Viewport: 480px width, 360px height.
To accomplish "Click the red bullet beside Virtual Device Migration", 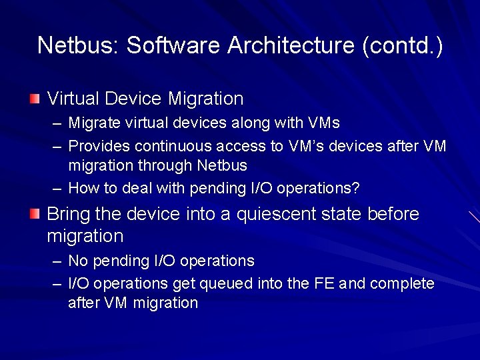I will pos(35,99).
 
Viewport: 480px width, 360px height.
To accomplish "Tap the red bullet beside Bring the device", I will pos(35,214).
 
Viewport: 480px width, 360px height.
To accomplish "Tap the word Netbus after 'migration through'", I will pos(222,165).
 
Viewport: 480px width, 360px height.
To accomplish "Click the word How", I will pos(83,188).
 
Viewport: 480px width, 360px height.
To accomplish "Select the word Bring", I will pos(69,214).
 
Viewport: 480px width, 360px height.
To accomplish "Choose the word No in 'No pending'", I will pos(77,261).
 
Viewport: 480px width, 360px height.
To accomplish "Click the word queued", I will pos(231,283).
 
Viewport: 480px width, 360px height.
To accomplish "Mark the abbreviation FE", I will pos(323,283).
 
